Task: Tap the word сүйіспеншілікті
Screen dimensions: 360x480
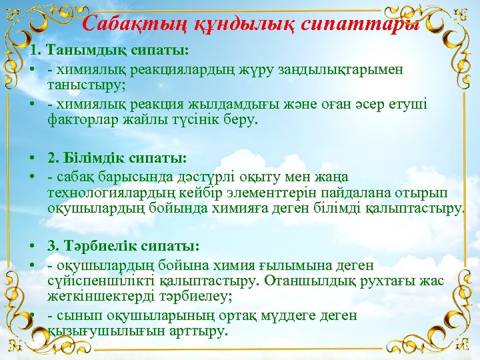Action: [102, 281]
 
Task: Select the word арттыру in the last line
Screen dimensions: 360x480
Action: [199, 331]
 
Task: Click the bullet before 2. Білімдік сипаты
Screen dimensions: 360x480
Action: [32, 159]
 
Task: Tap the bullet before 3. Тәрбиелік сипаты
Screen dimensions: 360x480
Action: [32, 245]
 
